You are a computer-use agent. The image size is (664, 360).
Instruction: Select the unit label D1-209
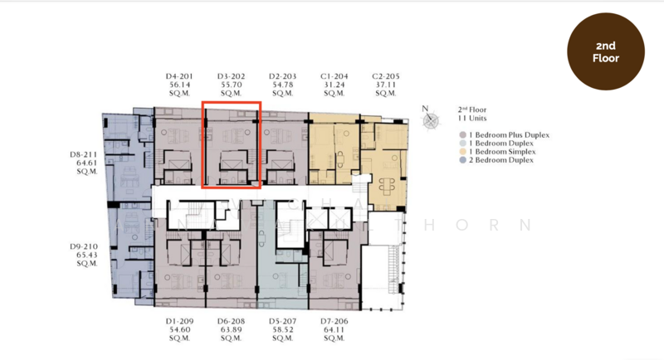click(x=180, y=320)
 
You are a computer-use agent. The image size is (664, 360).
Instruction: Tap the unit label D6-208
click(x=232, y=320)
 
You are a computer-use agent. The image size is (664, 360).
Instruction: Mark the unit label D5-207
click(x=283, y=320)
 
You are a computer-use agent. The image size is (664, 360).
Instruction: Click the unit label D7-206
click(x=334, y=320)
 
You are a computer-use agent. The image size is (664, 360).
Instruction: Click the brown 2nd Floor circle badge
click(x=605, y=51)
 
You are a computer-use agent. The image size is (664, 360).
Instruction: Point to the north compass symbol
click(x=430, y=120)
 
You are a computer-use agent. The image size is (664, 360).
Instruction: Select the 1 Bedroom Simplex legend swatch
click(x=462, y=152)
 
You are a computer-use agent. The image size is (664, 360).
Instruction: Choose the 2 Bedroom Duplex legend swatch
click(x=462, y=160)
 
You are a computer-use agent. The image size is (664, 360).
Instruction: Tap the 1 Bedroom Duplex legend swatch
click(x=462, y=144)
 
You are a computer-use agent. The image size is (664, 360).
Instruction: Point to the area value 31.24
click(x=334, y=85)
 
